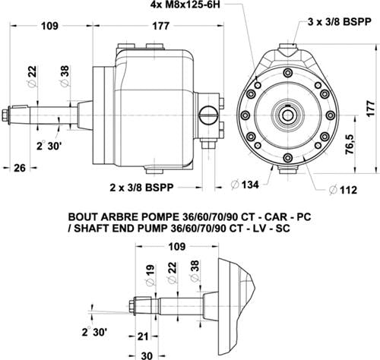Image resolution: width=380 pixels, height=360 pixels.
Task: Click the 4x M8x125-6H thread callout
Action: (x=185, y=5)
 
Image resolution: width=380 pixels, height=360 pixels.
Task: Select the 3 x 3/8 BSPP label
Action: (x=340, y=22)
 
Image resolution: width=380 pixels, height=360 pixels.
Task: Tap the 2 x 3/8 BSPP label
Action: (x=141, y=188)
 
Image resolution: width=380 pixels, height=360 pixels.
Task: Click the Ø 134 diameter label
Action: (x=245, y=185)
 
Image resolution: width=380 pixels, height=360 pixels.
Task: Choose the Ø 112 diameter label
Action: (x=343, y=190)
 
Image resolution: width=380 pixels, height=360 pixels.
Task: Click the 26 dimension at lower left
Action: (x=20, y=168)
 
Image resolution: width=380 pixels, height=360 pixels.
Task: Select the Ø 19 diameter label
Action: (x=150, y=275)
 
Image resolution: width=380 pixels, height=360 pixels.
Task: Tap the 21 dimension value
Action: (x=143, y=336)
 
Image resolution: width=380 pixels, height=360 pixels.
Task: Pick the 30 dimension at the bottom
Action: (x=147, y=355)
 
